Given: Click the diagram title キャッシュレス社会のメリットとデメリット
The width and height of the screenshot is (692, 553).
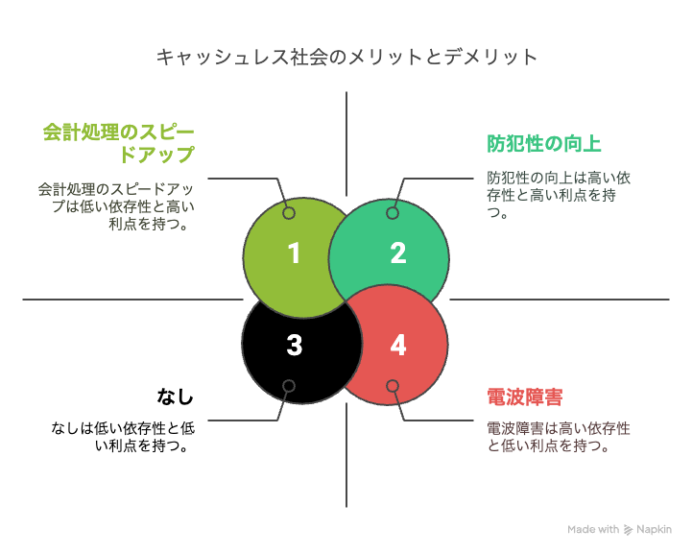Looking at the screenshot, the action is click(346, 58).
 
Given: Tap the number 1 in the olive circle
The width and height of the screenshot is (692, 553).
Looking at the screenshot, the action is click(294, 253).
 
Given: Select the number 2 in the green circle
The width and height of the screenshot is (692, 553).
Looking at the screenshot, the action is click(398, 253).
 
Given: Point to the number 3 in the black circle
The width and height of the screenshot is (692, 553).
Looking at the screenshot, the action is click(295, 345).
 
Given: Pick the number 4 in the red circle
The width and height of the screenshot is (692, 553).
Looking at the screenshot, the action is click(398, 345).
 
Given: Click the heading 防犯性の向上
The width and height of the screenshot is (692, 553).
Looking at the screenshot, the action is click(543, 144).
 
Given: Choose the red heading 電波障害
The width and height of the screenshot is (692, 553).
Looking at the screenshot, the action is click(525, 397).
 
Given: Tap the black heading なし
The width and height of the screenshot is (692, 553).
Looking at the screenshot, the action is click(176, 397).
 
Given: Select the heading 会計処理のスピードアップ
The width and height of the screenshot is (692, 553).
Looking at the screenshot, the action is click(119, 143).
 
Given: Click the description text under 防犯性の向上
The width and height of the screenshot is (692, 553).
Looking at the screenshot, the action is click(559, 195).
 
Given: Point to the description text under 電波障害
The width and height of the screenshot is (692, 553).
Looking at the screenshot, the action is click(559, 437).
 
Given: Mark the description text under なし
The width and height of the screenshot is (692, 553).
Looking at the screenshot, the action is click(123, 437).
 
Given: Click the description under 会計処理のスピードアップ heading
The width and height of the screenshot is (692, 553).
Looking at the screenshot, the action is click(116, 206).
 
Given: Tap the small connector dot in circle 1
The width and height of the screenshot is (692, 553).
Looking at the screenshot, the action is click(289, 213).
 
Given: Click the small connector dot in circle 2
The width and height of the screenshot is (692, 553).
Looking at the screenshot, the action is click(393, 213).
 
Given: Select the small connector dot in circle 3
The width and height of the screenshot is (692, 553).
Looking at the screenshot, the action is click(289, 386).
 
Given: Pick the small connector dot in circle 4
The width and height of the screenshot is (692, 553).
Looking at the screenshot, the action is click(393, 386).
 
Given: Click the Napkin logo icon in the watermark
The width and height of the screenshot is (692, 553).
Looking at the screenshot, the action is click(628, 530).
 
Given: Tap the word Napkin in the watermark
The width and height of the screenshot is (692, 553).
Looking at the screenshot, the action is click(654, 530).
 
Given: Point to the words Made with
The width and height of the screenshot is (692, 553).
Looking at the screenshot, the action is click(593, 529).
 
